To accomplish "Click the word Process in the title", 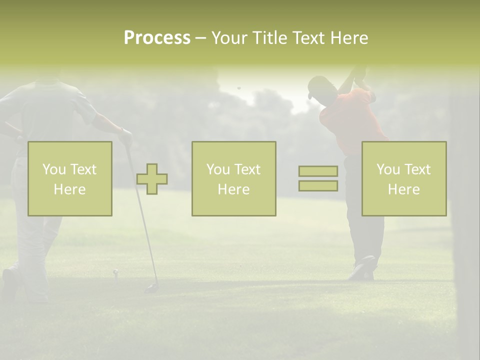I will (x=157, y=38).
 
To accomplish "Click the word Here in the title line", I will (x=349, y=38).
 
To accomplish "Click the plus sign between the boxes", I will (x=152, y=179).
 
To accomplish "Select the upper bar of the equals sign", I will (x=318, y=171).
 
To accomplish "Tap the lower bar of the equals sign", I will (x=318, y=186).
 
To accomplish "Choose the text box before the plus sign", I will (x=70, y=178).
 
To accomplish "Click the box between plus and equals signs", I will (x=233, y=178).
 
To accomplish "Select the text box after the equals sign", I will (x=404, y=178).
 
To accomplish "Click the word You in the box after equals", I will (x=388, y=169).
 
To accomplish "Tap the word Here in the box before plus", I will (x=69, y=189).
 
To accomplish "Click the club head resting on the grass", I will (x=150, y=288).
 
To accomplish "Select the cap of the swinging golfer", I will (x=316, y=86).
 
